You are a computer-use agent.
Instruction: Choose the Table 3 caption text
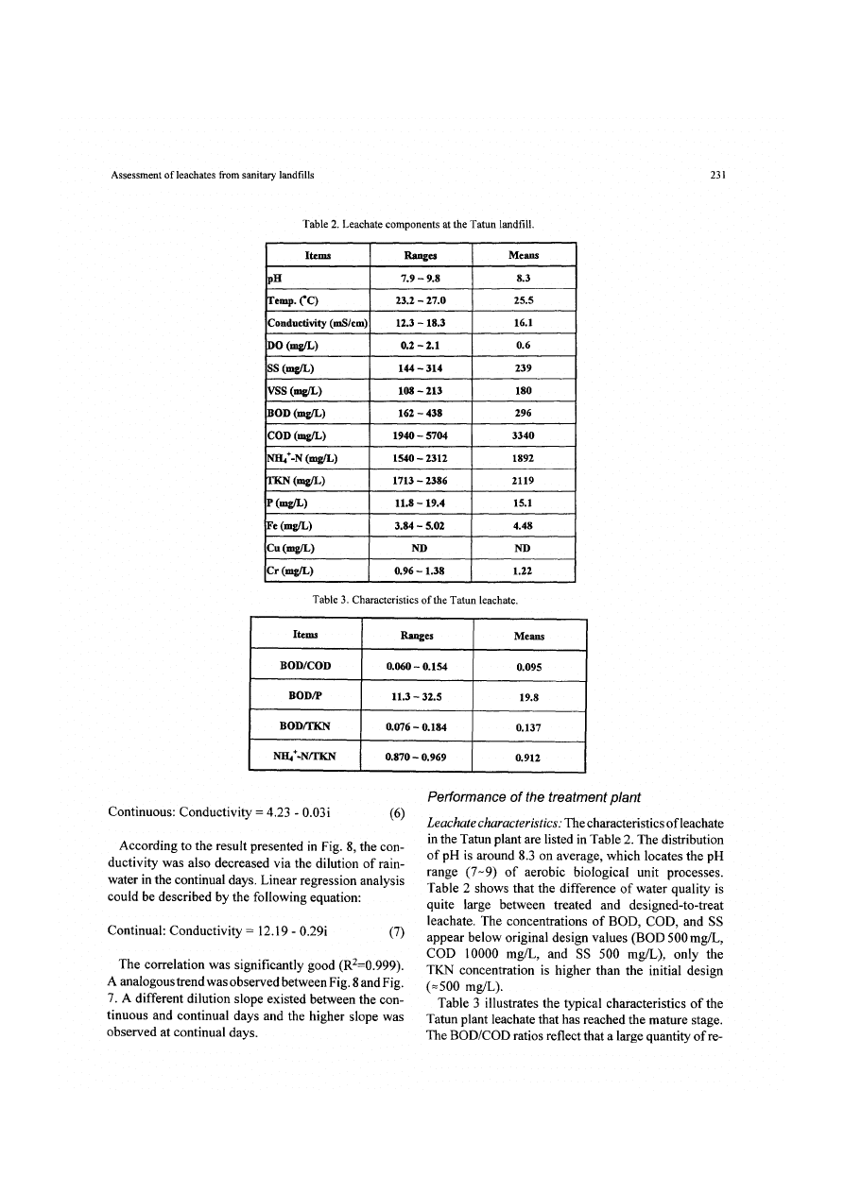pos(420,599)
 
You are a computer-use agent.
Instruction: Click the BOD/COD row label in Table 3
pos(306,666)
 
